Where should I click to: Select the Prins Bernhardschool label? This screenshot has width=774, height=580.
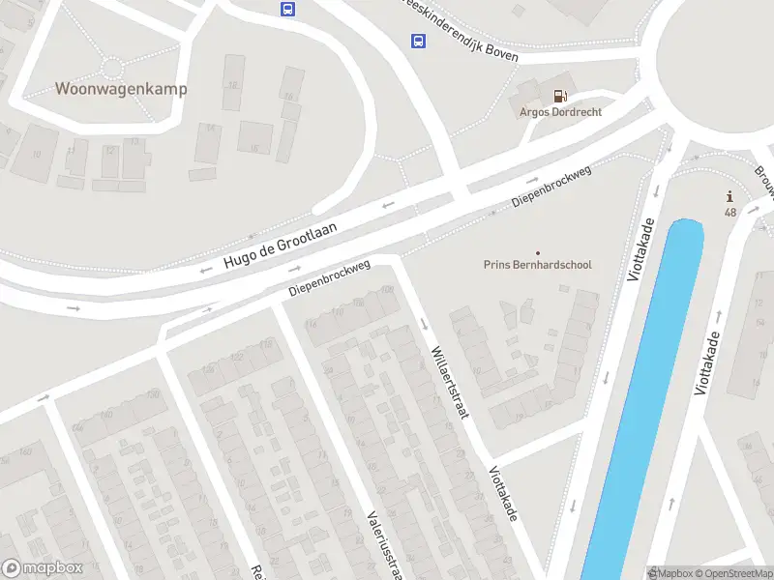pos(537,265)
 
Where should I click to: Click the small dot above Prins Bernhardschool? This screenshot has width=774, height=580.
pos(538,252)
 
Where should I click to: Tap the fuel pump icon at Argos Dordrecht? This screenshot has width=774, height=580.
pos(559,95)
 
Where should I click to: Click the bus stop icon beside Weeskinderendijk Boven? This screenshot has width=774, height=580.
pos(418,41)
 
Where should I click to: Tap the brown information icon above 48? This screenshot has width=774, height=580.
pos(729,196)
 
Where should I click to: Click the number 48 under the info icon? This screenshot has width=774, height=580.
pos(729,213)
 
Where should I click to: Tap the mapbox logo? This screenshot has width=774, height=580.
pos(44,568)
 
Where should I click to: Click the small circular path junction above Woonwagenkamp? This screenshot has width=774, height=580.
pos(113,68)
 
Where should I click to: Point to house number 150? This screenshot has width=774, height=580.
pos(153,393)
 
